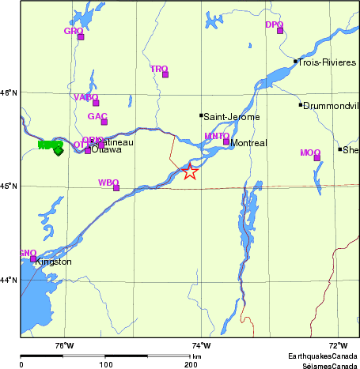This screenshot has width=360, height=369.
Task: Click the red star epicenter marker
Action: click(x=190, y=171)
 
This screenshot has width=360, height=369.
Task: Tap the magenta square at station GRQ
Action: click(x=81, y=36)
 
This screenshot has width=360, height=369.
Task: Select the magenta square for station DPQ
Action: click(x=280, y=31)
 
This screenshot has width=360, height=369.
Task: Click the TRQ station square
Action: click(x=166, y=74)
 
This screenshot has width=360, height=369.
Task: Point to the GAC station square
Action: click(x=104, y=122)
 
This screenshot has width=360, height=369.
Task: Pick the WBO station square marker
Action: click(x=116, y=188)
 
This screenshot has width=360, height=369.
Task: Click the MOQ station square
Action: click(x=316, y=158)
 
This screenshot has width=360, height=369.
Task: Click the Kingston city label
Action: click(x=54, y=262)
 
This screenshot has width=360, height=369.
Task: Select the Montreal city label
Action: click(x=249, y=143)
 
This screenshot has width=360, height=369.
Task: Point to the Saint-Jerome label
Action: click(x=229, y=116)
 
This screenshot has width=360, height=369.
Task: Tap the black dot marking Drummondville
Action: click(x=301, y=105)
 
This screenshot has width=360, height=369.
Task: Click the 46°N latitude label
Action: click(x=9, y=92)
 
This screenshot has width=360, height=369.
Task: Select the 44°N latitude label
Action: click(x=9, y=280)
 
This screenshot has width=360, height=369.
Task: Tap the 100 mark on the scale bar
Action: click(x=105, y=364)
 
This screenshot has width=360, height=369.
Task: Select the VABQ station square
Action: click(x=96, y=103)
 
